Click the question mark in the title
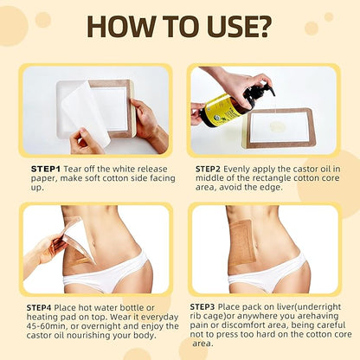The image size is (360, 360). click(x=261, y=26)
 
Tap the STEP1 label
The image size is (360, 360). click(x=46, y=169)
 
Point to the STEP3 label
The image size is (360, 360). click(x=204, y=307)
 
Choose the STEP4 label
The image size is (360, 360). click(x=39, y=307)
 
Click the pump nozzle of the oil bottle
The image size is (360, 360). click(x=267, y=87)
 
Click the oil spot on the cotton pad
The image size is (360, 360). click(x=276, y=126)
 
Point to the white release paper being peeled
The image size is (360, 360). click(x=86, y=111)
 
